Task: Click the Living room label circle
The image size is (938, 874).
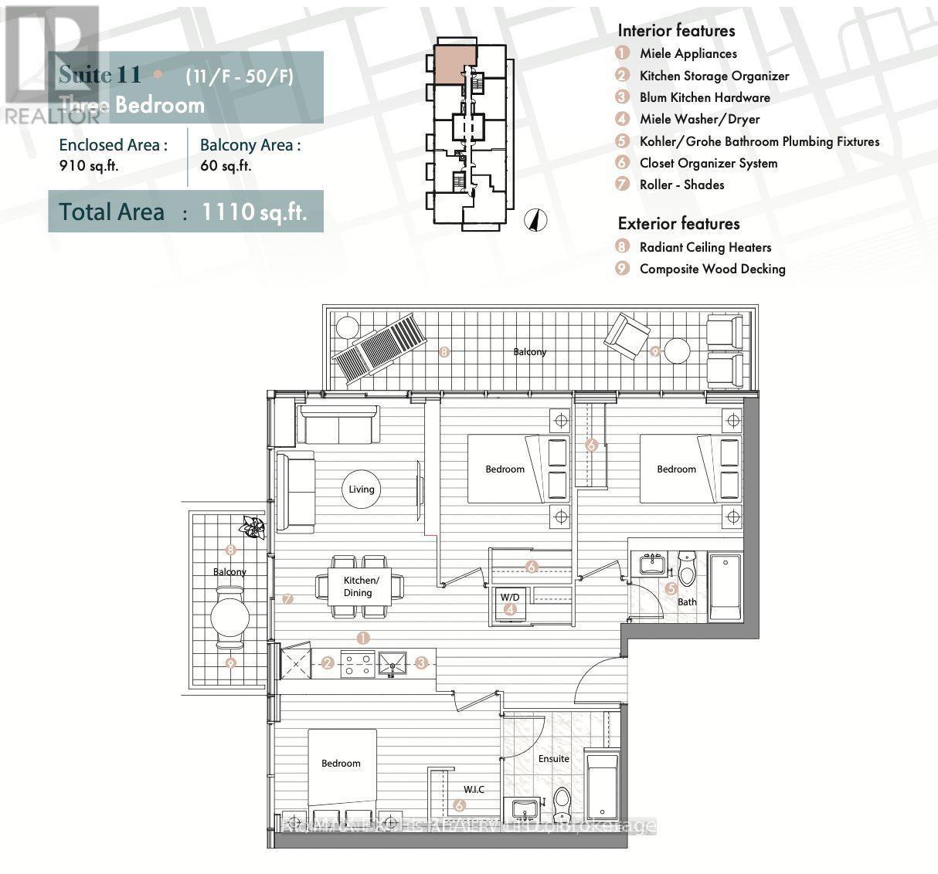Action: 361,489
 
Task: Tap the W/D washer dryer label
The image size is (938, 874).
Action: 509,597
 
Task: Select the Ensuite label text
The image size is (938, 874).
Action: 553,758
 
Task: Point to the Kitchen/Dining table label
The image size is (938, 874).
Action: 358,587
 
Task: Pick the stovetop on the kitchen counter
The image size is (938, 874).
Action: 357,663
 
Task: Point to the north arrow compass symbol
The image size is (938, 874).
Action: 533,220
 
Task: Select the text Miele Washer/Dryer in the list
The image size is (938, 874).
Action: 699,119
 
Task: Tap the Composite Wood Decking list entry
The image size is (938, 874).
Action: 712,269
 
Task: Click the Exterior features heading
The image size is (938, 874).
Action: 678,223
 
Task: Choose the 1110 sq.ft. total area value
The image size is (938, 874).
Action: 254,212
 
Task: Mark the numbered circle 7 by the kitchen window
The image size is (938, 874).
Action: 287,598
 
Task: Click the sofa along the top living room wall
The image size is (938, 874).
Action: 338,425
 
